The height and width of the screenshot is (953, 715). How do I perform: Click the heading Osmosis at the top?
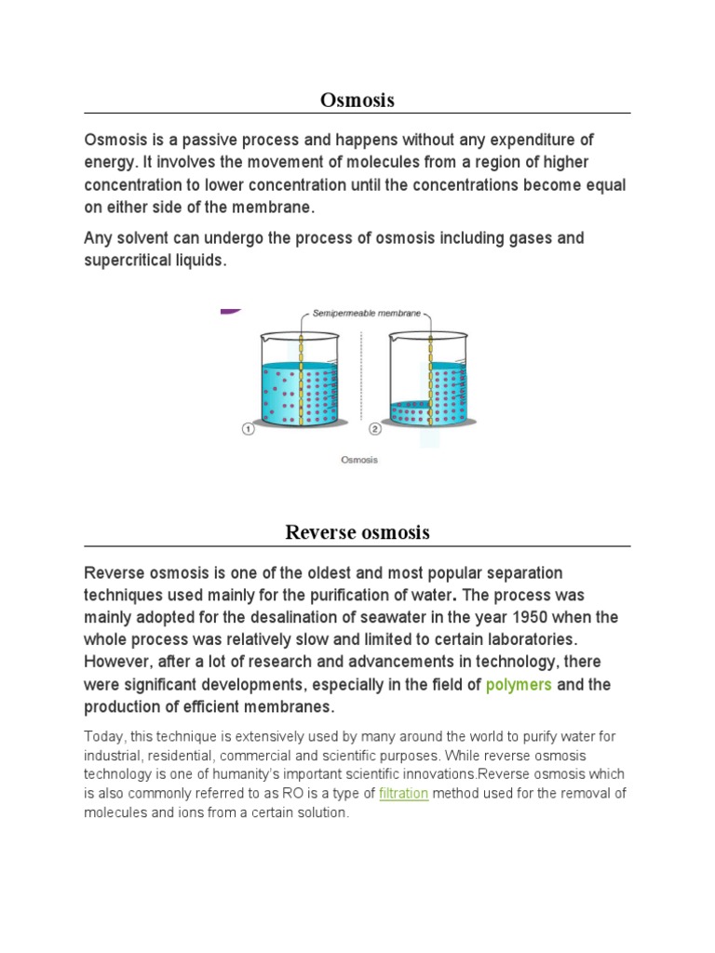pos(357,100)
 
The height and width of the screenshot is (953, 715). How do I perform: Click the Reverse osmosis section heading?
pos(357,532)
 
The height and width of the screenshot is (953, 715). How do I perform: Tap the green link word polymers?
pos(519,685)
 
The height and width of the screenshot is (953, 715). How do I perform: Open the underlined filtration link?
pos(403,794)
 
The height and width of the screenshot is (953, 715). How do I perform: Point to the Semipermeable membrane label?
pos(367,315)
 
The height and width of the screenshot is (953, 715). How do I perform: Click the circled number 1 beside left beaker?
pos(248,429)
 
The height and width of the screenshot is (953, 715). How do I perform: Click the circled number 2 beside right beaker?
pos(374,429)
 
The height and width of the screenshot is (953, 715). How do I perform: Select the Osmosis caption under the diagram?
pos(359,460)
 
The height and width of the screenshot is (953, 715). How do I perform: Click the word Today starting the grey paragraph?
pos(102,736)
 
